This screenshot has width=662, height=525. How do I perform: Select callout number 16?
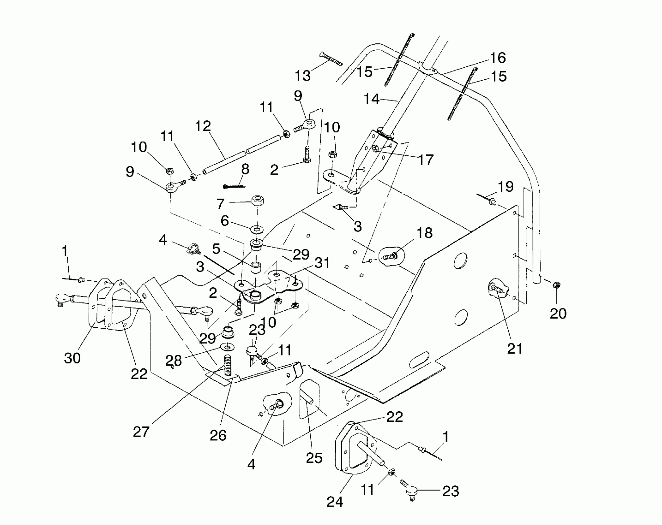(x=498, y=58)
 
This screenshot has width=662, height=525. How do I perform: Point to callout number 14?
(x=371, y=99)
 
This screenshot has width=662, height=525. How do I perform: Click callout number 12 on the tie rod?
(x=203, y=126)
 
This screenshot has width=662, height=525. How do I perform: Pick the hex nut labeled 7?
(x=258, y=201)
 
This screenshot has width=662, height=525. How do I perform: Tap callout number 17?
(x=426, y=160)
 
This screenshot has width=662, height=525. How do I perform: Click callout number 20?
(x=558, y=313)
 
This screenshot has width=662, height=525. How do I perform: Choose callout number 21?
(x=515, y=348)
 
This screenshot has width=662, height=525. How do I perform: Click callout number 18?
(x=424, y=233)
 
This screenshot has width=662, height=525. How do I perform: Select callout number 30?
(x=72, y=358)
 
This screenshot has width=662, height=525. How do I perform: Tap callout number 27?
(x=141, y=432)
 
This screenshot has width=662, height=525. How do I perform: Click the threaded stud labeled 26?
(x=227, y=366)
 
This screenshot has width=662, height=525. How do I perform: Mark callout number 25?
(x=314, y=458)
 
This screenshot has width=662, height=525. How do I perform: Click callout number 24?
(x=335, y=502)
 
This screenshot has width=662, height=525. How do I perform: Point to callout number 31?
(x=322, y=263)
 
